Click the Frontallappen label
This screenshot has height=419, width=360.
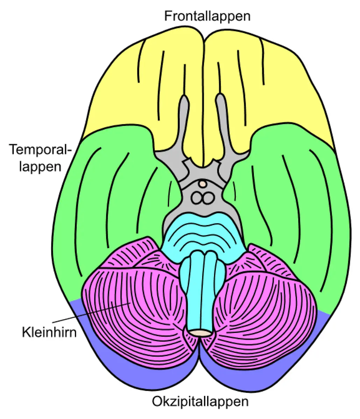tap(208, 16)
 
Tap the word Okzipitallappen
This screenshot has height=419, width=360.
tap(200, 402)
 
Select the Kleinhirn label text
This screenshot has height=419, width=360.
tap(49, 332)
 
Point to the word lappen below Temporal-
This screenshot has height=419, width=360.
tap(40, 166)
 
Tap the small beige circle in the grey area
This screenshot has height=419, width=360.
tap(202, 183)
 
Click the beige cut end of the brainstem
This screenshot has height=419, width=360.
tap(200, 333)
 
